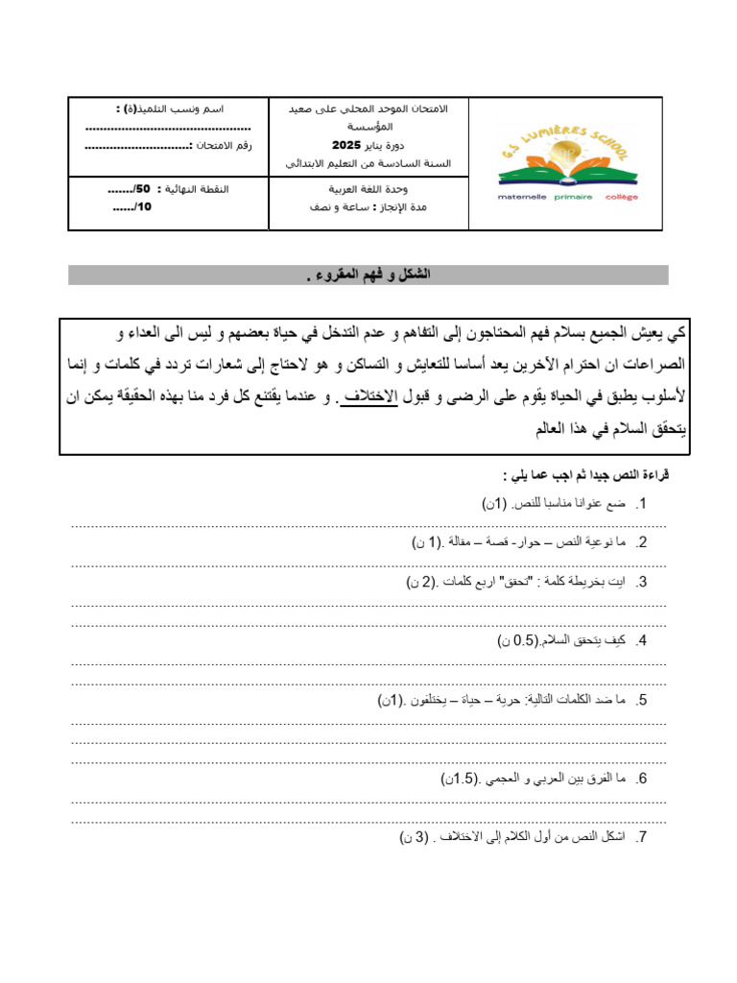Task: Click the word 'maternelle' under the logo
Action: point(522,196)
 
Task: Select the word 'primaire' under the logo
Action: point(573,196)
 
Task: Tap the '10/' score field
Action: point(132,206)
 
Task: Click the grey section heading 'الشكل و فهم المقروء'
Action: point(368,276)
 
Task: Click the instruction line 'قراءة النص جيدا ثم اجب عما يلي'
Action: point(585,475)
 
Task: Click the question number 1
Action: point(641,504)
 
